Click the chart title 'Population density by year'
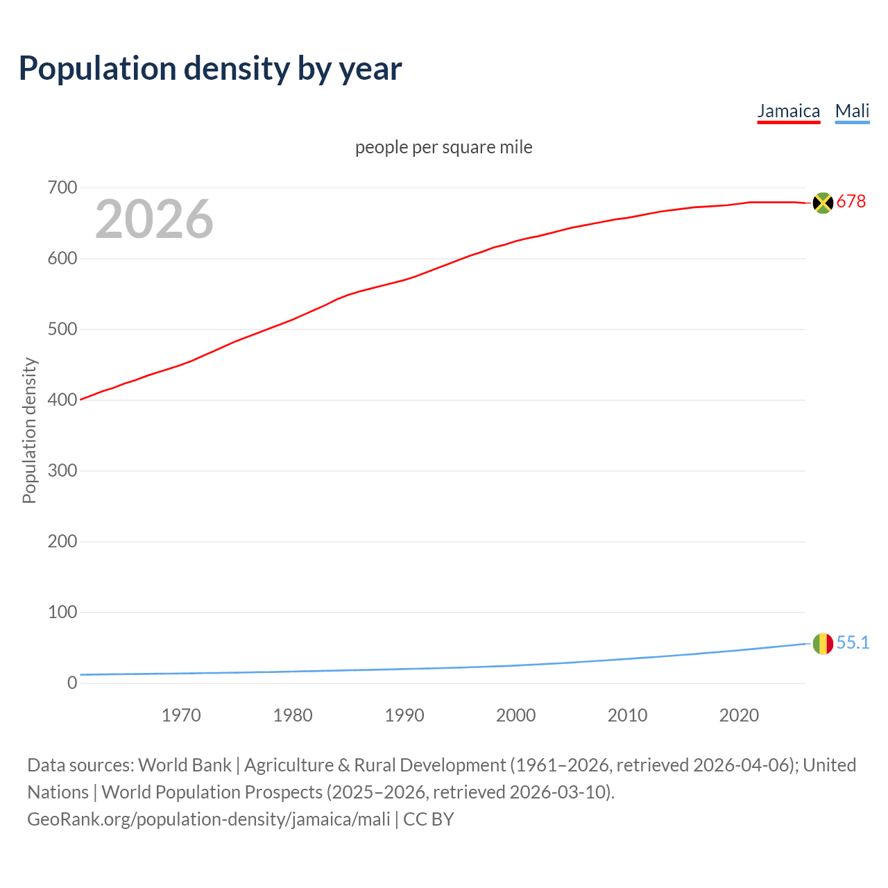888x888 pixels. [210, 69]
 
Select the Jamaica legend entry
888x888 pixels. [788, 111]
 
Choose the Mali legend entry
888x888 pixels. [852, 111]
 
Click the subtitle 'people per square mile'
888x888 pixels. [443, 147]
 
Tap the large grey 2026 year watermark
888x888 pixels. [154, 219]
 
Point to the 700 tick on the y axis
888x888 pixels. [62, 188]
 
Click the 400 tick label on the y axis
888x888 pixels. [62, 400]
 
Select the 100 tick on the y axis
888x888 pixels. [62, 613]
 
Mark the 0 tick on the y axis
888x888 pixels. [72, 683]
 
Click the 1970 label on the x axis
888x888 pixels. [181, 715]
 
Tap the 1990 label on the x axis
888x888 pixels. [404, 715]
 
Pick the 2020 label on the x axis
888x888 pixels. [739, 715]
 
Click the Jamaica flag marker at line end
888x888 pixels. [823, 203]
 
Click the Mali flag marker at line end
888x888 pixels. [823, 644]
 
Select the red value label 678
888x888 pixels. [851, 201]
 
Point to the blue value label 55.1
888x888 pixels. [853, 643]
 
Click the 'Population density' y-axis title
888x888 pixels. [29, 430]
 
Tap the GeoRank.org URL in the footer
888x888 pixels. [208, 819]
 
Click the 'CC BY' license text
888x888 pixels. [429, 819]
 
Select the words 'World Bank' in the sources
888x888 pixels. [185, 765]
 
